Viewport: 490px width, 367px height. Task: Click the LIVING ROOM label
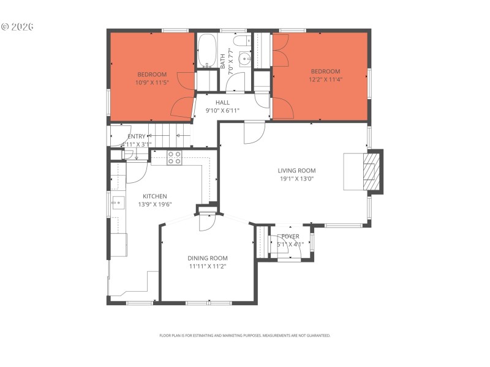click(296, 171)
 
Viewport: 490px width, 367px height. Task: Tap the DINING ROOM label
click(208, 258)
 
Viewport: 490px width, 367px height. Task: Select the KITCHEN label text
click(155, 196)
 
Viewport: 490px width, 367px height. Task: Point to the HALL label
click(222, 103)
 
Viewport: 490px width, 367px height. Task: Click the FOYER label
click(290, 236)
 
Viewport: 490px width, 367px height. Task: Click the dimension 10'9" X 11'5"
click(152, 82)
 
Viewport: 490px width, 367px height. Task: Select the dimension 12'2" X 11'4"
click(325, 79)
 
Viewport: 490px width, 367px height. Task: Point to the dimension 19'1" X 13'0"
click(296, 179)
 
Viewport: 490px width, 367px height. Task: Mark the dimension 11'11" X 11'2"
click(208, 266)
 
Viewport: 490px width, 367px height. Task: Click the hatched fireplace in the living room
click(371, 172)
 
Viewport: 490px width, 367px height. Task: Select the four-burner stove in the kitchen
click(175, 157)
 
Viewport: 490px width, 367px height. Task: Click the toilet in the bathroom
click(241, 42)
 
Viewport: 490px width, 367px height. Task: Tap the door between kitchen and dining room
click(207, 220)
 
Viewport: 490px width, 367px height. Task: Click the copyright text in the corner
click(17, 27)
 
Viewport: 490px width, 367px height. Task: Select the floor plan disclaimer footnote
click(245, 335)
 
